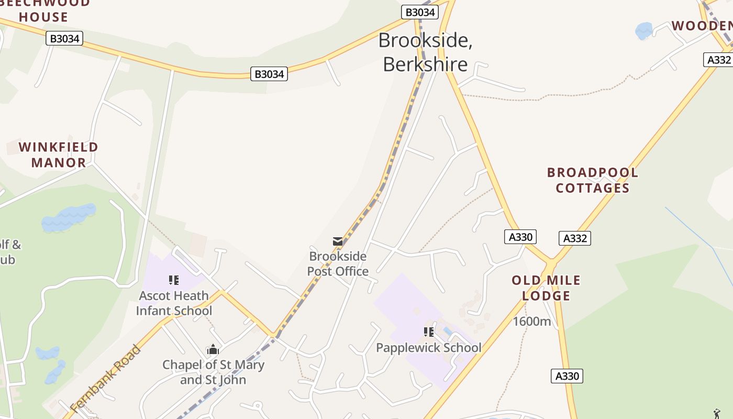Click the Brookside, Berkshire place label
pos(425,52)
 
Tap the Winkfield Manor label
pos(59,155)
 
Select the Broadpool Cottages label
pos(593,180)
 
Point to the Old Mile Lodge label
pos(546,288)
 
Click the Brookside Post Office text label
pos(338,263)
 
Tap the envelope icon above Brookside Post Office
pos(338,241)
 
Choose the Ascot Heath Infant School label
pos(174,303)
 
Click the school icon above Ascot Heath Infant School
pos(174,280)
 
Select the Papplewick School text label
pos(429,348)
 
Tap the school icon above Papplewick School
pos(429,332)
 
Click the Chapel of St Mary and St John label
pos(213,372)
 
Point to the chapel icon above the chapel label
pos(213,349)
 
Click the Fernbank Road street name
pos(106,378)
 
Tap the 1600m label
pos(531,321)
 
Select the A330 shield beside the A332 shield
pos(520,237)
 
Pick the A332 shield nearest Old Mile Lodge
pos(575,238)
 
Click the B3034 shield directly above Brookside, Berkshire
pos(420,12)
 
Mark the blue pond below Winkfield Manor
pos(69,217)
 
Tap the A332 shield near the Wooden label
pos(718,60)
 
